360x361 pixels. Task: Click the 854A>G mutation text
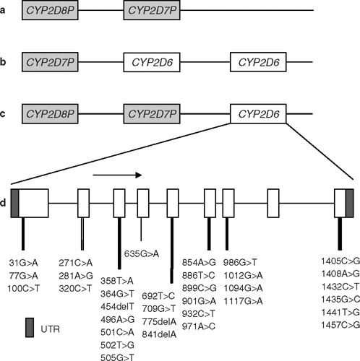tap(200, 261)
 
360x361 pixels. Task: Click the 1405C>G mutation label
tap(340, 261)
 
